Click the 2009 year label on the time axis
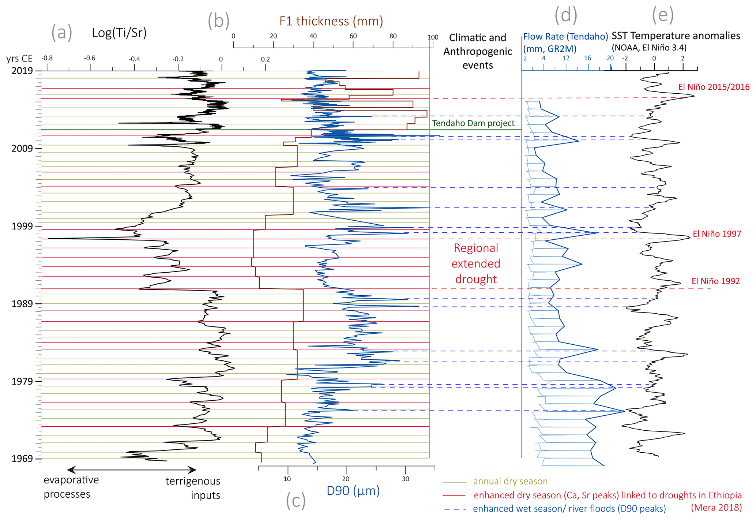coord(22,148)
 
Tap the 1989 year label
coord(22,304)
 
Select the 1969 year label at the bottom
coord(22,459)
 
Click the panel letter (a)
coord(61,33)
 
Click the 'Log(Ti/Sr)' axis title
coord(119,33)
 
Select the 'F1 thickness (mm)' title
coord(331,21)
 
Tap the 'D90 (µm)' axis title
coord(353,491)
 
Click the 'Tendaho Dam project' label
coord(473,123)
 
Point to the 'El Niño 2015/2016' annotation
coord(714,87)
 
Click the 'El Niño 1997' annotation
coord(716,234)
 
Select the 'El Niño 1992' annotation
coord(715,281)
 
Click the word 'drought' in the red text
coord(476,279)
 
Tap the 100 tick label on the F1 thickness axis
coord(433,37)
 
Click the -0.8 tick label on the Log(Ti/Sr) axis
coord(47,58)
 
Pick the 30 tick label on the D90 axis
coord(406,479)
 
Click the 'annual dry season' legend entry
coord(510,481)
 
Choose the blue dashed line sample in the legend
coord(455,509)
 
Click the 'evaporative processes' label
coord(71,487)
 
